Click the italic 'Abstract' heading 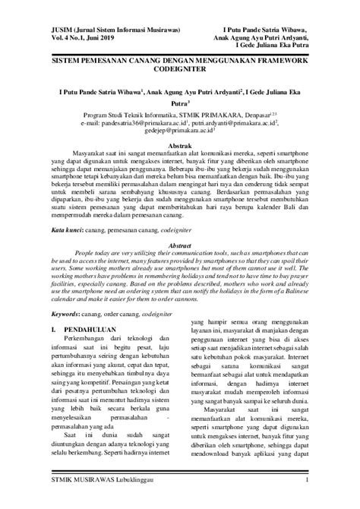179,225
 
